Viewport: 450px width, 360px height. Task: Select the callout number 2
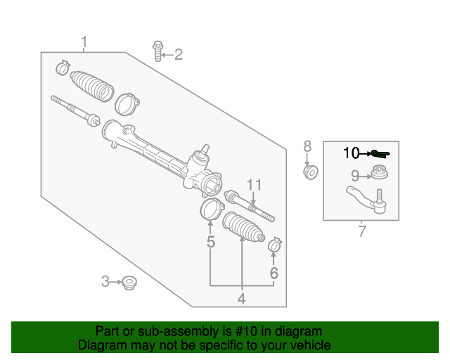pyautogui.click(x=178, y=54)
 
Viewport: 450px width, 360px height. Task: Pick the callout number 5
pyautogui.click(x=361, y=231)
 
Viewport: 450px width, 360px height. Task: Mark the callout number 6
pyautogui.click(x=307, y=146)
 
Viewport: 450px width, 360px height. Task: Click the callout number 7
pyautogui.click(x=355, y=175)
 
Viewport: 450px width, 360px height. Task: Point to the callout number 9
pyautogui.click(x=355, y=175)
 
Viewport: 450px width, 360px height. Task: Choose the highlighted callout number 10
pyautogui.click(x=351, y=153)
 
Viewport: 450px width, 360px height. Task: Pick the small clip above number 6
pyautogui.click(x=274, y=245)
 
